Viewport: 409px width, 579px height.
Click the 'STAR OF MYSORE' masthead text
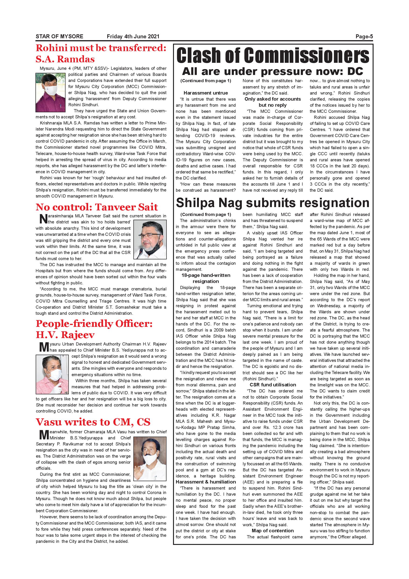pos(59,36)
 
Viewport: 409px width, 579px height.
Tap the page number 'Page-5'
pos(364,36)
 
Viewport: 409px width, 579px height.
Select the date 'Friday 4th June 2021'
pos(133,36)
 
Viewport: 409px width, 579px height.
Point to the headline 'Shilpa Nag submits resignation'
pos(273,203)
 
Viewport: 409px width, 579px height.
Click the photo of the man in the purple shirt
pos(51,92)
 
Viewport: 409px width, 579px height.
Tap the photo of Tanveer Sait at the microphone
pos(150,239)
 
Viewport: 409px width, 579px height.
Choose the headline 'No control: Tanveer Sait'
pos(97,207)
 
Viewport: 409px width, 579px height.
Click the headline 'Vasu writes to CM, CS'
pos(93,422)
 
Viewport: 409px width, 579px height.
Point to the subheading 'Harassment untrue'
pos(205,93)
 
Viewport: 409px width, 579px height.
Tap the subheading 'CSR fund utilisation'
pos(273,385)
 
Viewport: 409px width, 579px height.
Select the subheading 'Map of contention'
pos(273,531)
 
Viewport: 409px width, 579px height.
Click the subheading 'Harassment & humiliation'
pos(205,482)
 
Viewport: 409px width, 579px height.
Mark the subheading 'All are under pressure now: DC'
pos(273,71)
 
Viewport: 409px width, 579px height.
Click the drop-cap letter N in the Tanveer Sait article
pos(43,219)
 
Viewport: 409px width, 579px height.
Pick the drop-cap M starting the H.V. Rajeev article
pos(44,347)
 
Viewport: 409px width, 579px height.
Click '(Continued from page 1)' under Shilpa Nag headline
pos(205,215)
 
